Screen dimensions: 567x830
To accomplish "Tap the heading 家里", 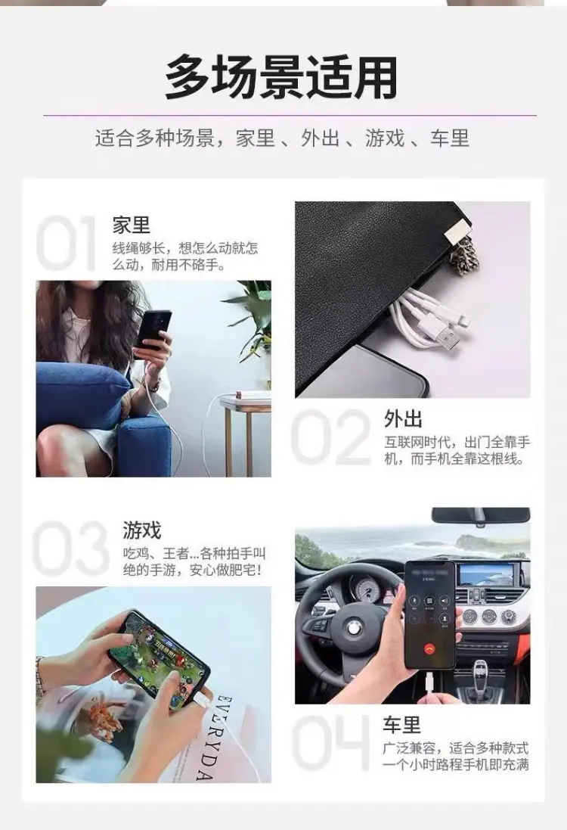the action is pos(132,225).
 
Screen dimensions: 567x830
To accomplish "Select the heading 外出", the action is pos(404,418).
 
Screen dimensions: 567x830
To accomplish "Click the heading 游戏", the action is pos(142,530).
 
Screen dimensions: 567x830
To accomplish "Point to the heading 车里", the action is pos(402,725).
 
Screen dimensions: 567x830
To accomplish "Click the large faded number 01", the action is pos(66,244).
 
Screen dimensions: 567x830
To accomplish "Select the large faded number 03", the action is pos(70,548).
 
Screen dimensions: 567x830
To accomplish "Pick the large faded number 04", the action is pos(330,742).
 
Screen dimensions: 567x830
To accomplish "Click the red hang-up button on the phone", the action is pos(430,648).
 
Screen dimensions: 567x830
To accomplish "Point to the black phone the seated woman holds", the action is pos(153,329).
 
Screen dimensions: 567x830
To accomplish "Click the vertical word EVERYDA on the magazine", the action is pos(210,738).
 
